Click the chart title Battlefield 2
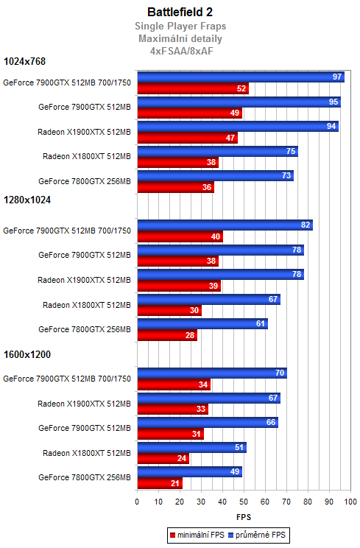180,12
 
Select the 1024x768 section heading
25,62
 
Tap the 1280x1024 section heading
27,199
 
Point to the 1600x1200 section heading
27,354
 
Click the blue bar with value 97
240,77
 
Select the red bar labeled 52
192,88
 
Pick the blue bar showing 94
237,126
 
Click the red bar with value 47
187,138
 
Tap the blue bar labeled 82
225,225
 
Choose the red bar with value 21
159,483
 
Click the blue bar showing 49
189,472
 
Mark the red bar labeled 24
163,458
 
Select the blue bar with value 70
211,373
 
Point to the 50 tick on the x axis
244,502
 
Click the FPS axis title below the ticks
244,517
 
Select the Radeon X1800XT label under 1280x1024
86,305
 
